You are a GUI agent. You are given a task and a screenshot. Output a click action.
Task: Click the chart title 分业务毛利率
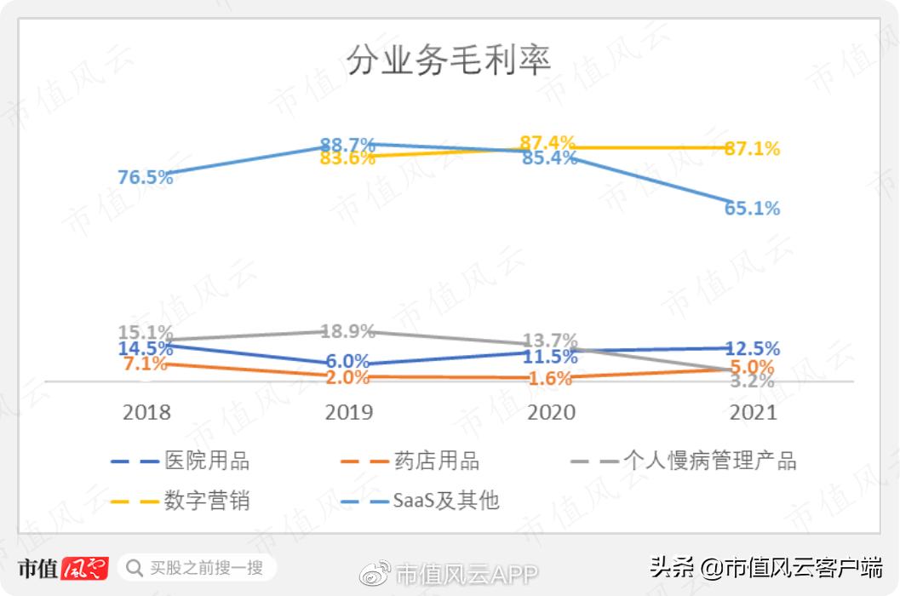[449, 60]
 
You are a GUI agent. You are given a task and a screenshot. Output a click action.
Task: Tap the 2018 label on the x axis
[146, 412]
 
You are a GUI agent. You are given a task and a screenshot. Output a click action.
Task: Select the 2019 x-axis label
[349, 412]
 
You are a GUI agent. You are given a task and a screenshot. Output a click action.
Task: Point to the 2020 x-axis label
[552, 412]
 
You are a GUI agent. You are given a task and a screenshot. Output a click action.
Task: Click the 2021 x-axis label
[754, 412]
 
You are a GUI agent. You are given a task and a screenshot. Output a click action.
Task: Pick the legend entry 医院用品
[207, 461]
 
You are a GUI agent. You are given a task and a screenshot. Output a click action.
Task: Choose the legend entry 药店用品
[437, 461]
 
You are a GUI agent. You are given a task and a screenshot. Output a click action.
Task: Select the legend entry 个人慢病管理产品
[710, 461]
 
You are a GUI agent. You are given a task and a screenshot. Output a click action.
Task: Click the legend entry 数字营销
[207, 500]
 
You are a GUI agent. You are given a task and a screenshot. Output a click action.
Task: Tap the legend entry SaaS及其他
[446, 500]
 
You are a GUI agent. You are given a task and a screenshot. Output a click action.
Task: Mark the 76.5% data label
[146, 177]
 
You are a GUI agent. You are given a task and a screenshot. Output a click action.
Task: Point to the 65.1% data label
[752, 209]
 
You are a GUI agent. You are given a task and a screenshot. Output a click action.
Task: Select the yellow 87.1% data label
[752, 149]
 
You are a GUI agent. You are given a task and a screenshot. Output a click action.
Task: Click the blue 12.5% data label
[752, 348]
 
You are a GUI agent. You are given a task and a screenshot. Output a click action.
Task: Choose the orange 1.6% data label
[549, 379]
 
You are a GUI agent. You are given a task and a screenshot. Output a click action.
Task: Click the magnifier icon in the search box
[135, 566]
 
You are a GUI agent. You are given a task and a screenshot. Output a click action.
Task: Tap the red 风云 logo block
[84, 567]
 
